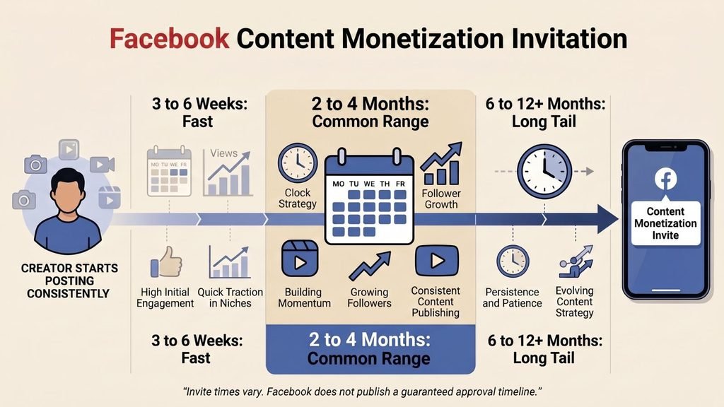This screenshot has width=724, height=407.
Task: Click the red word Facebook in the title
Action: [169, 39]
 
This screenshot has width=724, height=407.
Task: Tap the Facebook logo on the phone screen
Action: [665, 179]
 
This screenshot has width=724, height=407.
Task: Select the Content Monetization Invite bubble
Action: [665, 223]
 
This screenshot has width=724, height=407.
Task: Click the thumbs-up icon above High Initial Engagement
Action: [165, 261]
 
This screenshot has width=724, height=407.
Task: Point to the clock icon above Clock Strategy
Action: [298, 163]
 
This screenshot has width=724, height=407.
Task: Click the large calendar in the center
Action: [369, 196]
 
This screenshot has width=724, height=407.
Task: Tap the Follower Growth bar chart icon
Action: [441, 163]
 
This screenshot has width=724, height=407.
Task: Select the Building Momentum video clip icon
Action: [300, 259]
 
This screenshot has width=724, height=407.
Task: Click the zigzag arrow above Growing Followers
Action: [370, 266]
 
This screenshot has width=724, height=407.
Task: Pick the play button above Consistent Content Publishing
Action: [437, 261]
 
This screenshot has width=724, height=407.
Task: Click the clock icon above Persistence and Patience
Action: [513, 261]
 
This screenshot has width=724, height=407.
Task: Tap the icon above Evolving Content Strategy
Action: [576, 261]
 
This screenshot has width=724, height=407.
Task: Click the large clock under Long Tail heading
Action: [544, 172]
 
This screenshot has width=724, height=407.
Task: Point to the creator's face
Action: [68, 194]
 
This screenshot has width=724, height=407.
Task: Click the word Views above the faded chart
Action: [224, 153]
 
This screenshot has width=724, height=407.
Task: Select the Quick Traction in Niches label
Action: [230, 297]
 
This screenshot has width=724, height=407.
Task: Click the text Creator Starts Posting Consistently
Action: [69, 281]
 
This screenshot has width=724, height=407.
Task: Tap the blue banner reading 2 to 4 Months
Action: [370, 349]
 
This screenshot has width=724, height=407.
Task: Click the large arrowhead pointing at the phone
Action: [607, 219]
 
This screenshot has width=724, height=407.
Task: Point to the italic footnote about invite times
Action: [362, 391]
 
